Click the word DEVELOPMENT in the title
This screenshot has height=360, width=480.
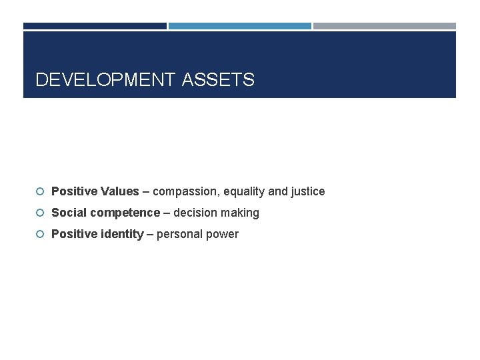click(106, 81)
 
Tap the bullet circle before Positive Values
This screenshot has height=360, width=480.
click(41, 192)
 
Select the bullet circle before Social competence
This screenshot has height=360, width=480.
click(41, 213)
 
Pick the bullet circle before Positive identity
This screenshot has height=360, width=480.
click(41, 235)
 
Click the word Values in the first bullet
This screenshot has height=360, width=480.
click(121, 191)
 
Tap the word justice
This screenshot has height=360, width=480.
click(308, 192)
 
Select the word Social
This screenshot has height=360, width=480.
click(68, 213)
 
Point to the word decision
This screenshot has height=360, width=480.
click(195, 213)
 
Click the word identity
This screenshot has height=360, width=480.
click(121, 234)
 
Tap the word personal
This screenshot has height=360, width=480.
click(178, 235)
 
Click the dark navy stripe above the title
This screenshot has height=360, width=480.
click(95, 26)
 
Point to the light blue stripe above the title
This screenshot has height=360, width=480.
click(240, 26)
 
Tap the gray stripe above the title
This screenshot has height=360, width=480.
click(385, 26)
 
